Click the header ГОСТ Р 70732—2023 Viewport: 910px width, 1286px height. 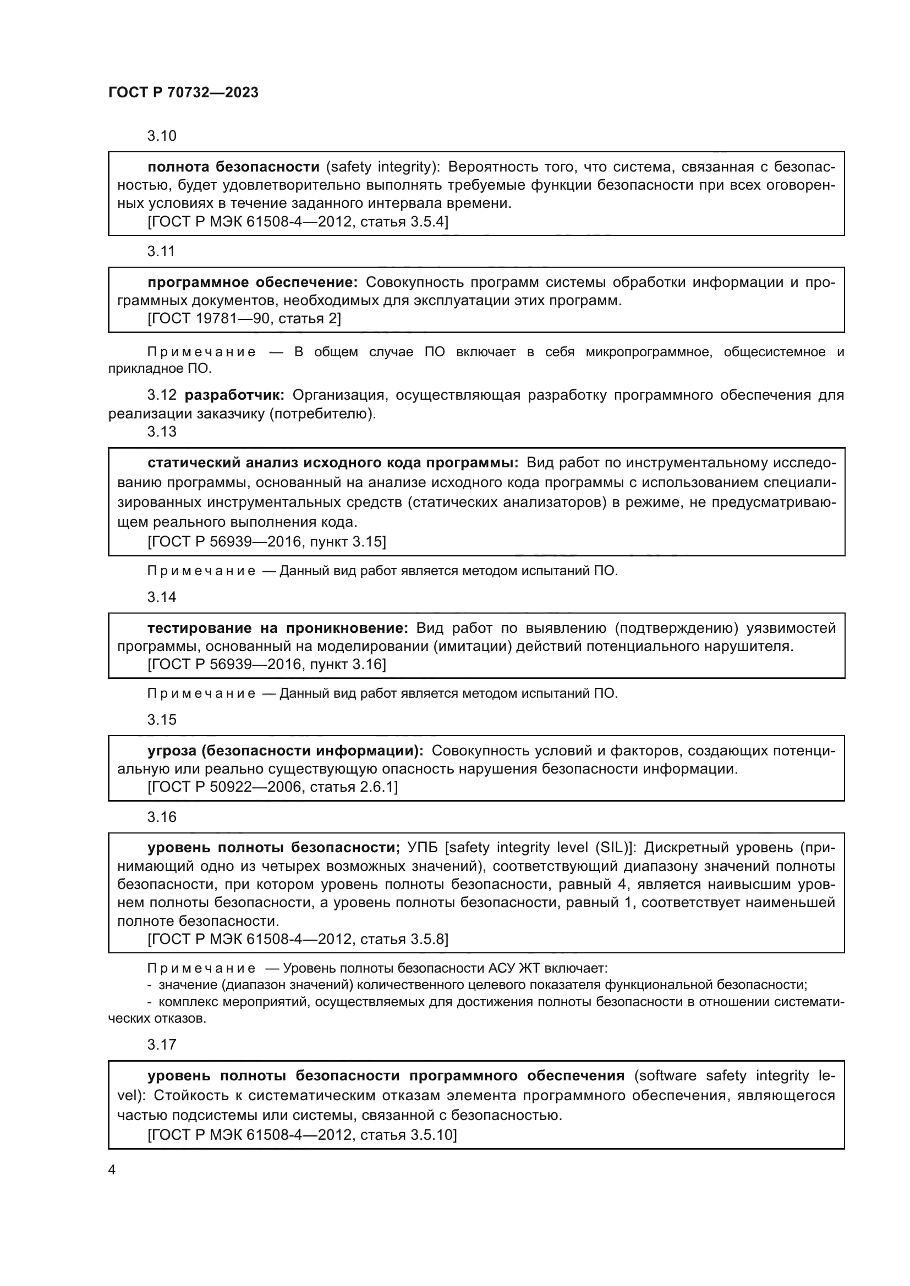point(183,93)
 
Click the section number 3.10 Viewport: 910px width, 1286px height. point(161,136)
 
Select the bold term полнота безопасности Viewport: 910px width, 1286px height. point(233,167)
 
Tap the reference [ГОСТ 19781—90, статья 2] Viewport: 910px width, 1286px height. point(244,318)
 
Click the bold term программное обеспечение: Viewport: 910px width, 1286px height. point(252,282)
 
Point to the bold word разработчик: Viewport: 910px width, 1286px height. point(235,395)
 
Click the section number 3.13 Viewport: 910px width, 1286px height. point(161,431)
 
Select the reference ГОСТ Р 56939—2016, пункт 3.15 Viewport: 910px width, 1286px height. point(266,541)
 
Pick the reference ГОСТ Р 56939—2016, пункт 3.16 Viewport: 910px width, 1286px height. point(266,664)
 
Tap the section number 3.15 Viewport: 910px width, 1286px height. point(161,719)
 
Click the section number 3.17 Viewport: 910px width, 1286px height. point(161,1044)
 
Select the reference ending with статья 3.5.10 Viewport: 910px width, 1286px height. point(302,1135)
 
